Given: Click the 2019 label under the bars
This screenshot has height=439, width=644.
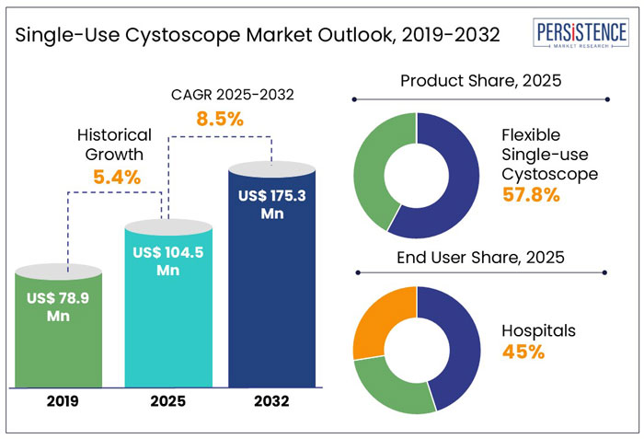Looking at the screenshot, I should tap(60, 401).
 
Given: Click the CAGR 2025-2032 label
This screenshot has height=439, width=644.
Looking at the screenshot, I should tap(221, 94).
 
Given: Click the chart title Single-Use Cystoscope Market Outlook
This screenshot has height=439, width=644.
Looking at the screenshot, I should tap(258, 36).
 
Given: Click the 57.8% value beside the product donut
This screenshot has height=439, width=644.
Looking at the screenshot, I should tap(531, 194).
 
